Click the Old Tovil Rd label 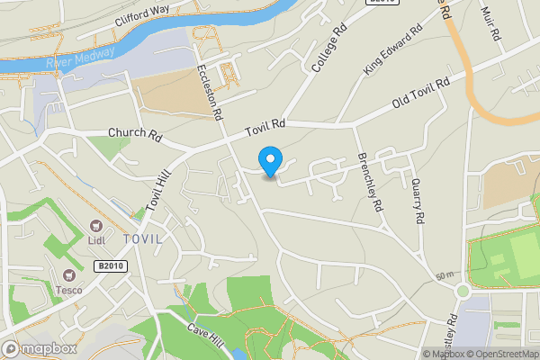(420, 97)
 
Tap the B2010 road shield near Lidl (109, 265)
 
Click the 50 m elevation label (443, 274)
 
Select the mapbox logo (40, 348)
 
